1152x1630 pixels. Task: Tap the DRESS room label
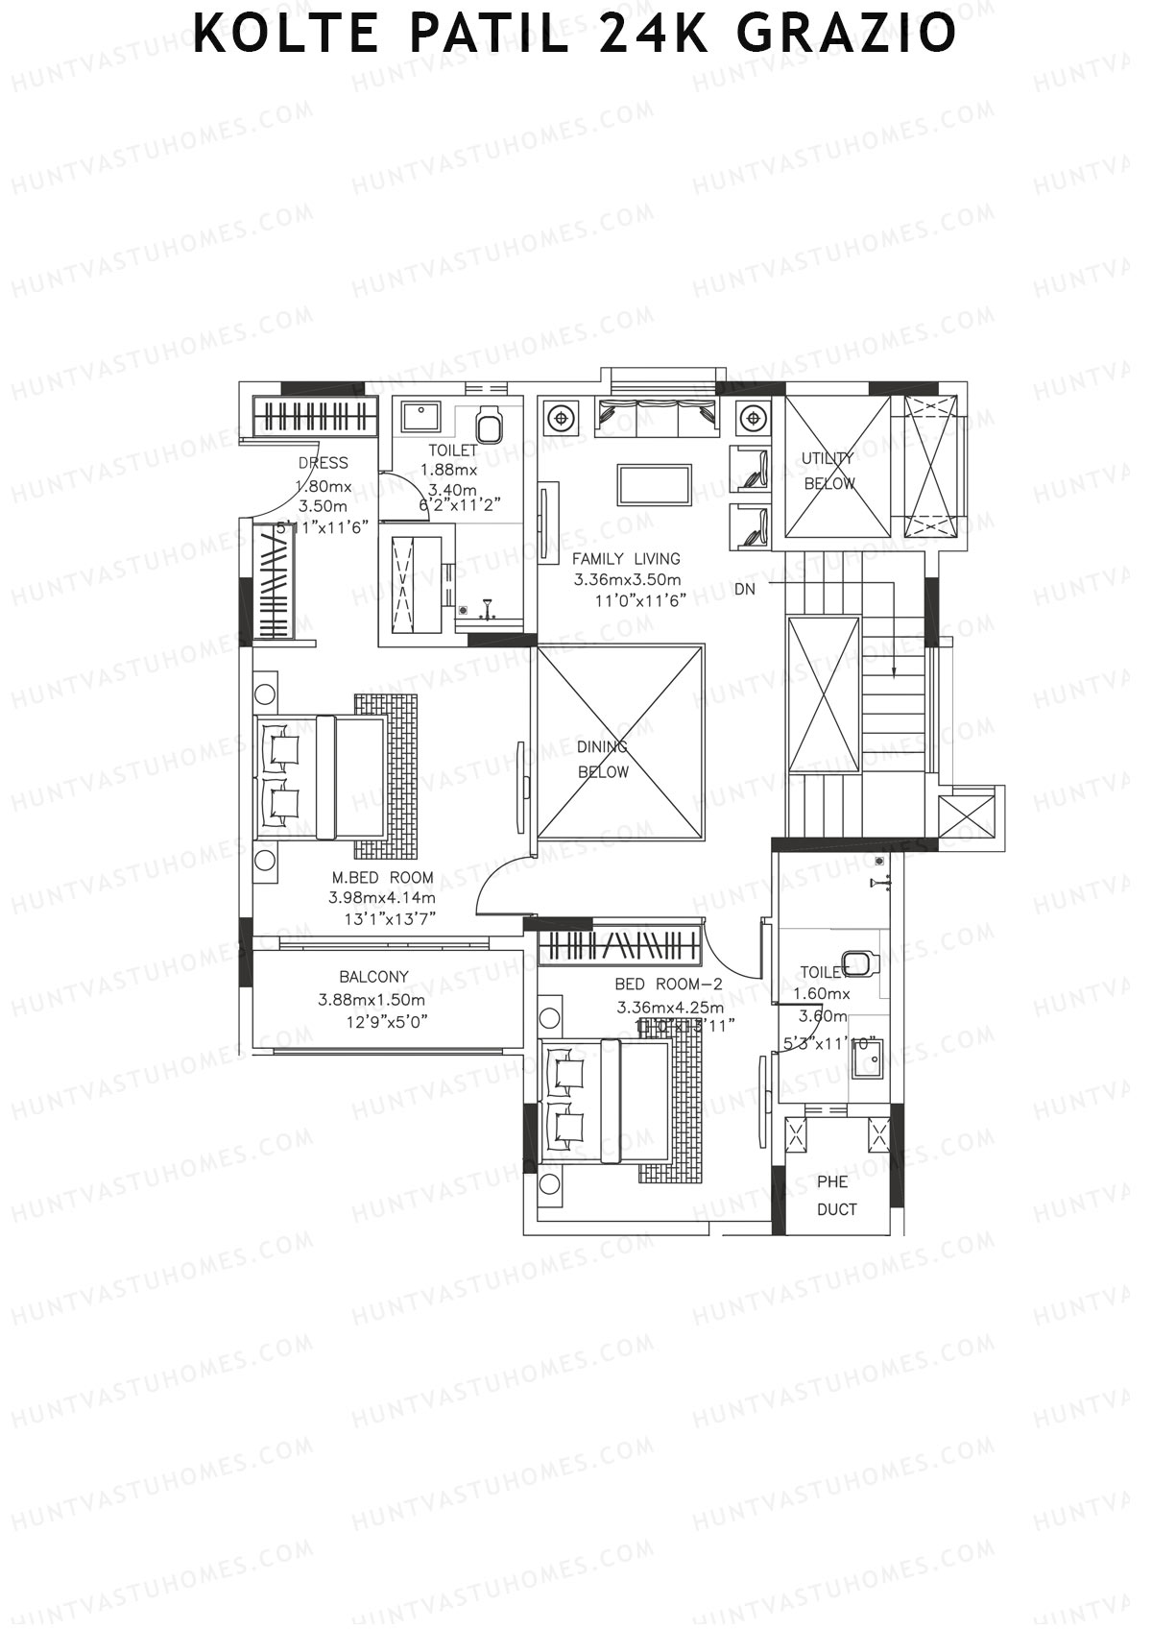click(x=323, y=463)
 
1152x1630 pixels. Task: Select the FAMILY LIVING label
click(x=625, y=559)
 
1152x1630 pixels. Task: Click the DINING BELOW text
click(x=603, y=759)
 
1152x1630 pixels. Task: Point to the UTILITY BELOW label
click(x=828, y=472)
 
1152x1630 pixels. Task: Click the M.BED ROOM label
click(x=382, y=877)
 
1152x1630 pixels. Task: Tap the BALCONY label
click(x=373, y=977)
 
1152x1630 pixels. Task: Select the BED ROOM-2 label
click(x=668, y=984)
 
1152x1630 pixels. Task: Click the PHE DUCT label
click(x=836, y=1196)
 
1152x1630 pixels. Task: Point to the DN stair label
click(x=744, y=589)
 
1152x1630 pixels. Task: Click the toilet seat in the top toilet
click(x=490, y=424)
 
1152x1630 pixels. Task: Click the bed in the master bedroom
click(x=322, y=776)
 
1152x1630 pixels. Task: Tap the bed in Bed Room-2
click(x=607, y=1101)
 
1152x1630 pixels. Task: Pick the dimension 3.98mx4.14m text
click(x=381, y=898)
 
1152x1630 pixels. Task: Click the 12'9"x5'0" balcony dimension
click(x=386, y=1023)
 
